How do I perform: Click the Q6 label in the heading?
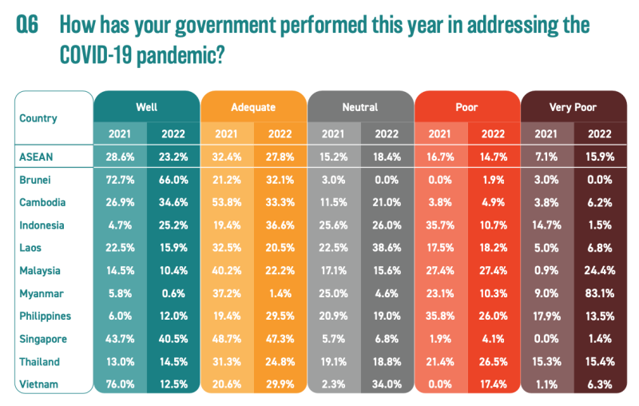27,25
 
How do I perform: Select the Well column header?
145,106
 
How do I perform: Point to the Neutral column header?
359,106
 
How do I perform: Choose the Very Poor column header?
573,106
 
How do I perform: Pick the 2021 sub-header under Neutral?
333,133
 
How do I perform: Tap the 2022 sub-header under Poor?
494,133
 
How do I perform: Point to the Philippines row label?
46,316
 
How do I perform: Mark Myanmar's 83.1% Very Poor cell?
600,294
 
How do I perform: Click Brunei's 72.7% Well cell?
120,181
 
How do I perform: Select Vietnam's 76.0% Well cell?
120,384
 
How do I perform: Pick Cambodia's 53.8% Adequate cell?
226,203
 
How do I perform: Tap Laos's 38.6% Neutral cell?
387,249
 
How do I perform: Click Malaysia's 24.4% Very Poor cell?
600,271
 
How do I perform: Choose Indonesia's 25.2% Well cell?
173,226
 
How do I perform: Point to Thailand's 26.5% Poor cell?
494,362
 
